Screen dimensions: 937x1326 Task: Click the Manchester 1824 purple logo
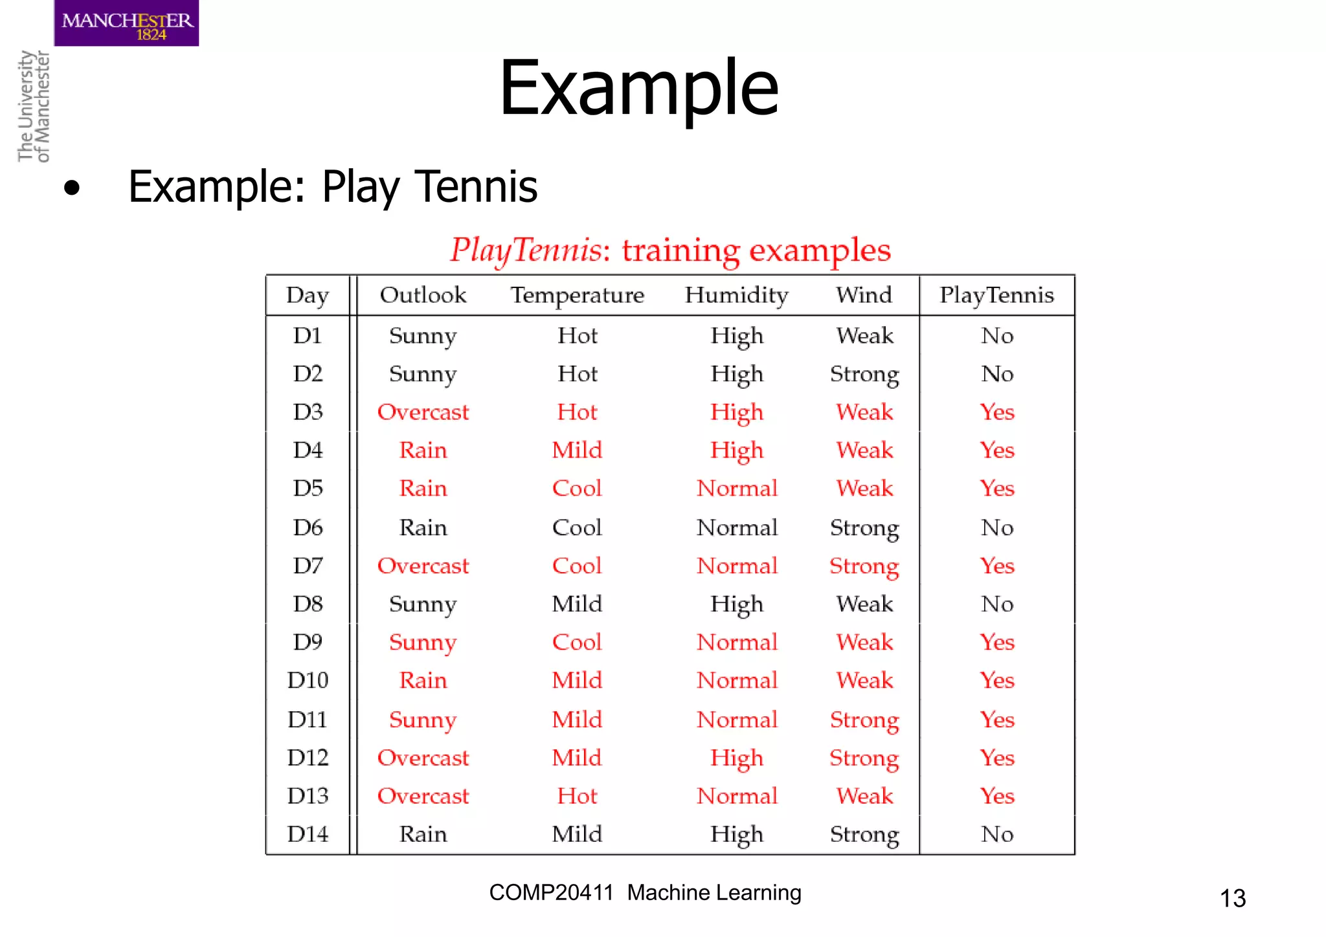click(x=126, y=23)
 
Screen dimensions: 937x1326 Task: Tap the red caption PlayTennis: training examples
click(x=670, y=250)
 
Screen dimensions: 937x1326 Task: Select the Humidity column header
click(x=736, y=295)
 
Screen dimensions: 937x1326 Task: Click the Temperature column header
click(x=577, y=295)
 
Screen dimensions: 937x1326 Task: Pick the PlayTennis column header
click(x=996, y=295)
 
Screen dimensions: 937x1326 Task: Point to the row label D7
click(x=308, y=566)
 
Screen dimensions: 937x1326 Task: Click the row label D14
click(x=308, y=834)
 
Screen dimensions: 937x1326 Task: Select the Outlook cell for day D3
click(x=423, y=412)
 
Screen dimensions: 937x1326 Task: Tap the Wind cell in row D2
click(x=864, y=374)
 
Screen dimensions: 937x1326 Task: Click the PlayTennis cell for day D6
click(x=996, y=528)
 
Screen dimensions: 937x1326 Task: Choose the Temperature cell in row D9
click(x=577, y=643)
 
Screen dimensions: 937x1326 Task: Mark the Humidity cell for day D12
click(x=736, y=758)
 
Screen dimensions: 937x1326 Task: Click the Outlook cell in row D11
click(x=423, y=720)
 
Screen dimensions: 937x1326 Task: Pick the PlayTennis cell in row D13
click(x=996, y=796)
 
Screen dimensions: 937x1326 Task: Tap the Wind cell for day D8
click(x=864, y=604)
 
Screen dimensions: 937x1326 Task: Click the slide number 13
click(x=1232, y=898)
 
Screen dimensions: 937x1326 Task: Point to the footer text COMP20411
click(x=551, y=893)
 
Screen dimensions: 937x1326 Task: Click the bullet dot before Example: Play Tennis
click(x=72, y=188)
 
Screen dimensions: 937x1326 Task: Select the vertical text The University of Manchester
click(x=34, y=107)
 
